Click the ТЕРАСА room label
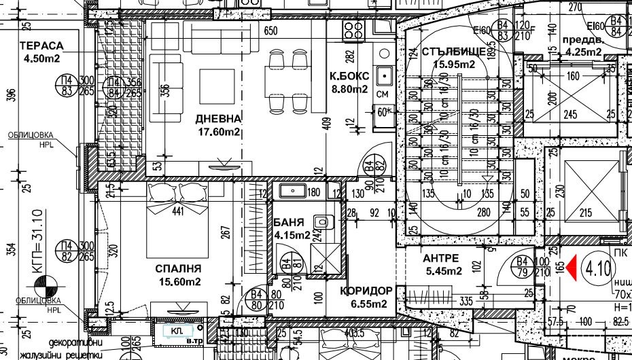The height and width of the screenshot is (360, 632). click(x=41, y=46)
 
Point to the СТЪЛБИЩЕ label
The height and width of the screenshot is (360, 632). click(x=453, y=52)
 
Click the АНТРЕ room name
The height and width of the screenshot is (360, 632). click(x=443, y=259)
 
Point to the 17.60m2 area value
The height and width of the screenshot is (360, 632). click(x=219, y=132)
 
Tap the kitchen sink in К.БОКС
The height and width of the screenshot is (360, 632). click(x=384, y=76)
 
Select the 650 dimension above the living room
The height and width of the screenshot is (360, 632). click(x=270, y=31)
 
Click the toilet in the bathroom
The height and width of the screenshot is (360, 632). click(x=321, y=222)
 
